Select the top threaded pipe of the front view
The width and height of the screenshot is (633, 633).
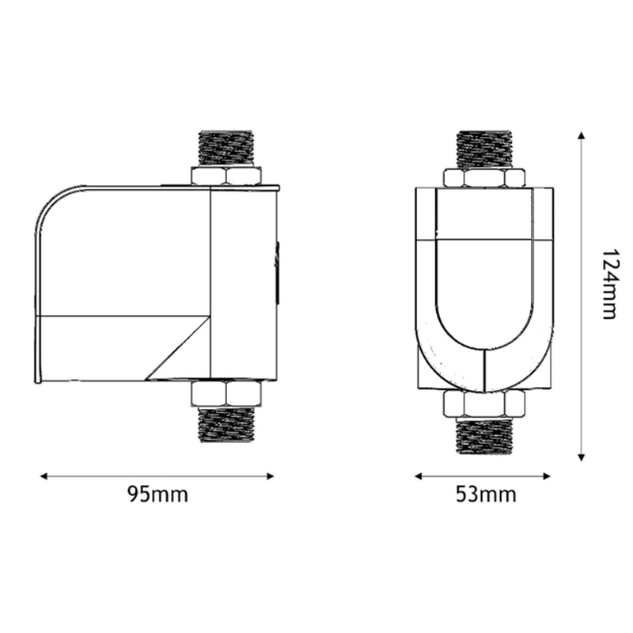[484, 149]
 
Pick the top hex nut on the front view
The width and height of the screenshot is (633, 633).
[484, 178]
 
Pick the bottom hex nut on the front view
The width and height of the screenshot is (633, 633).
[484, 404]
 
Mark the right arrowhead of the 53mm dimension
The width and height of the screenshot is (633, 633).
[550, 476]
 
